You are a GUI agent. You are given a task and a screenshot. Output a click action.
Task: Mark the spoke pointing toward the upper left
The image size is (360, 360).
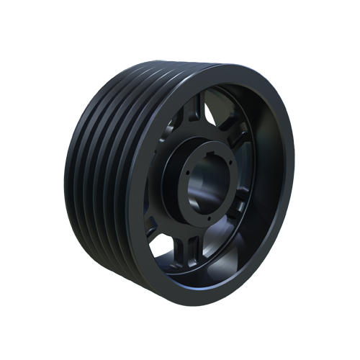point(162,137)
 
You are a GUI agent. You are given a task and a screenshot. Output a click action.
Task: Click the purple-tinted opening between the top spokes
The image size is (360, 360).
point(216,108)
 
